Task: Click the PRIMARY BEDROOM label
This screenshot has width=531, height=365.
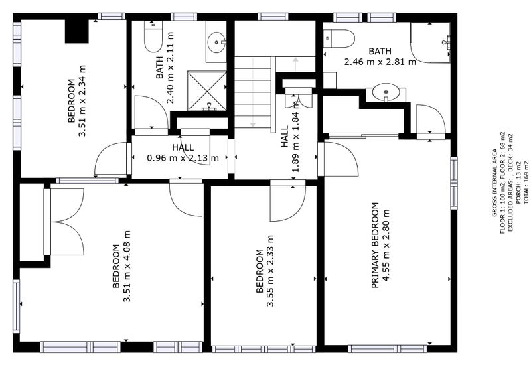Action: click(x=375, y=245)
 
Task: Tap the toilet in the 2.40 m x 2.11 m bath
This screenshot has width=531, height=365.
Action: click(x=153, y=36)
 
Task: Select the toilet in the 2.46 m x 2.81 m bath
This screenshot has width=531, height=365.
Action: click(x=339, y=38)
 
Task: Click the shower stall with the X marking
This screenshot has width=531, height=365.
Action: click(x=207, y=91)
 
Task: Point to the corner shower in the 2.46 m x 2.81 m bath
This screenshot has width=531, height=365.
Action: click(x=430, y=42)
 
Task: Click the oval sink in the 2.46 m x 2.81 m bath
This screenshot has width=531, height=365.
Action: click(x=386, y=92)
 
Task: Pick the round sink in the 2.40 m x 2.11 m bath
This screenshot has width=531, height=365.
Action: click(x=216, y=42)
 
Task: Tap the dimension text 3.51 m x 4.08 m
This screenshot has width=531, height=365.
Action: click(x=127, y=266)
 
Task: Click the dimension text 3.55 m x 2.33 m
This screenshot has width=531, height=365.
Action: click(x=270, y=271)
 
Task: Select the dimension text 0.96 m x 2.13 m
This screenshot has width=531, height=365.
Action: click(x=183, y=158)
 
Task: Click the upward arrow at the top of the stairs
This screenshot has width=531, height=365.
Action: click(x=295, y=64)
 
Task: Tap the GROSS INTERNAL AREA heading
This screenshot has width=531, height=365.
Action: click(x=494, y=183)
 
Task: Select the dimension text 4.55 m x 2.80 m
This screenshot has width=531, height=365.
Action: click(x=386, y=245)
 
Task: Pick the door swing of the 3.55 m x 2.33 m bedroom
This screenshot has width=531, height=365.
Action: click(x=288, y=203)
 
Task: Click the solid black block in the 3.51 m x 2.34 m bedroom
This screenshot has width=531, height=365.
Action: click(x=76, y=31)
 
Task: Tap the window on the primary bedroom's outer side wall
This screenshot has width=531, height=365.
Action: click(x=454, y=183)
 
